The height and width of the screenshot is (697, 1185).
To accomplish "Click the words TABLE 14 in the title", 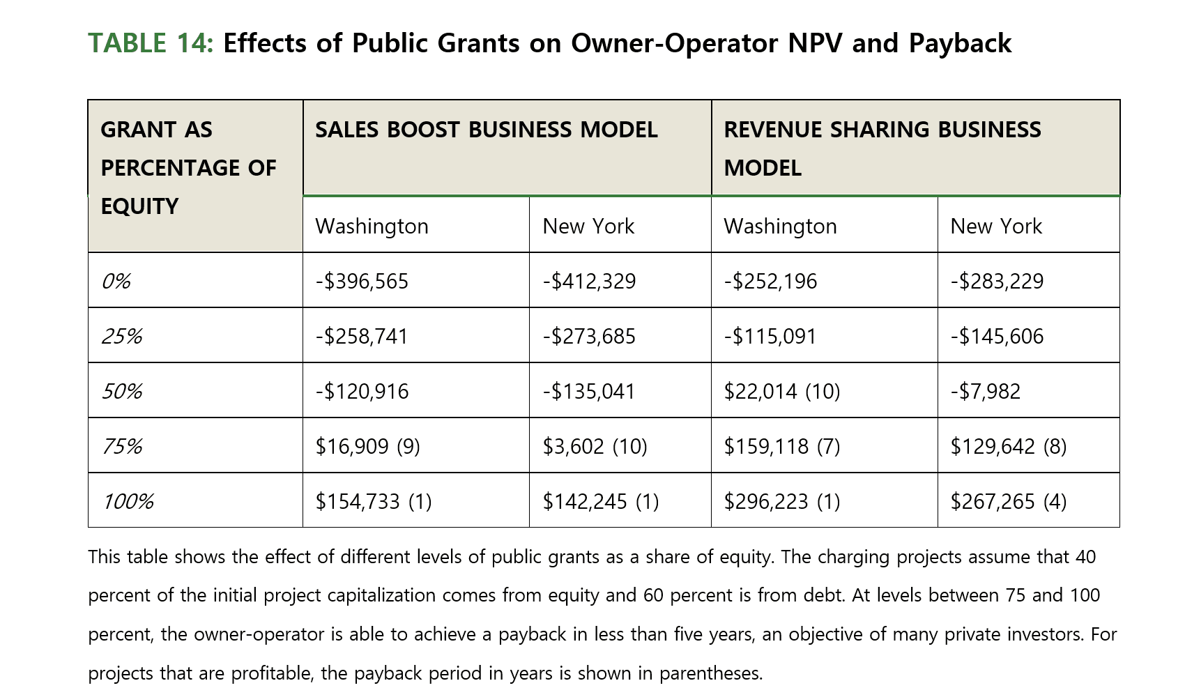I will [x=150, y=43].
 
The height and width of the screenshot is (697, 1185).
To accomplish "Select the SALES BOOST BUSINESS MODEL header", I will [x=486, y=130].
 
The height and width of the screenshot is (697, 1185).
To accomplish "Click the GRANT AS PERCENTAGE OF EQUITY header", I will [x=188, y=168].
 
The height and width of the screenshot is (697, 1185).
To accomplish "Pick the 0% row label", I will [x=116, y=281].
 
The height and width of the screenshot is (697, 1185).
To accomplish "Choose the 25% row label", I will [x=122, y=336].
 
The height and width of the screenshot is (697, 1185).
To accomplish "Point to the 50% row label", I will [x=122, y=391].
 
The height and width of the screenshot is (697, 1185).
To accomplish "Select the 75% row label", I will [x=122, y=446].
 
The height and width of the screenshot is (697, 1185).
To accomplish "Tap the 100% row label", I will [x=128, y=501].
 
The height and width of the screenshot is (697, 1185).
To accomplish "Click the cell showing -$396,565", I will [x=362, y=281].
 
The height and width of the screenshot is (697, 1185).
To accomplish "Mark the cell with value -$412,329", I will [x=589, y=281].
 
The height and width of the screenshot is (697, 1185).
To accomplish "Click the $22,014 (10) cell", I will [x=781, y=391].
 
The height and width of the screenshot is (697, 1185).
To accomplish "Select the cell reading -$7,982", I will [x=985, y=391].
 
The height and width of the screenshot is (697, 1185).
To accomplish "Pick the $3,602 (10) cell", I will [x=595, y=446].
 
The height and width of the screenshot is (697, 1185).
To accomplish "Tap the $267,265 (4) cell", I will [x=1008, y=501].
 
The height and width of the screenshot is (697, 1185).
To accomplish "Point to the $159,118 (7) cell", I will [x=781, y=446].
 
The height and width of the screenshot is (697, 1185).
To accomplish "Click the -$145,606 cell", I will [x=997, y=336].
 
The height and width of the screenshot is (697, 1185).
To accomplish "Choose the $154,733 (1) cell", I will [x=374, y=501].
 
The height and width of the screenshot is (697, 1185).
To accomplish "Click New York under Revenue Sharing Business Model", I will [x=996, y=226].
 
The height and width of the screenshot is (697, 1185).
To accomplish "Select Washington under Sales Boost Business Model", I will [x=372, y=226].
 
